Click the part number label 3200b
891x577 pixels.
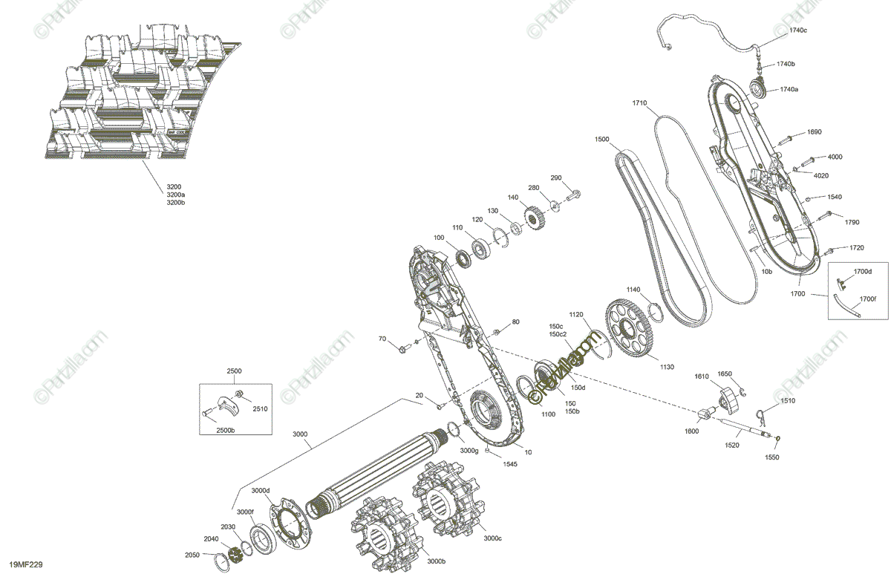coord(174,203)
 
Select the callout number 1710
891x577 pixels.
coord(640,102)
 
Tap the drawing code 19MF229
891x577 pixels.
coord(26,566)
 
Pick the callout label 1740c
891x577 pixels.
coord(797,30)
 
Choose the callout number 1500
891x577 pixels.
coord(601,139)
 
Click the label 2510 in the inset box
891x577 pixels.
coord(260,408)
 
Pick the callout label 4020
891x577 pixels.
coord(820,176)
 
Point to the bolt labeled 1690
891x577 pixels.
coord(786,137)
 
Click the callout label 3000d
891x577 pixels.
coord(260,490)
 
